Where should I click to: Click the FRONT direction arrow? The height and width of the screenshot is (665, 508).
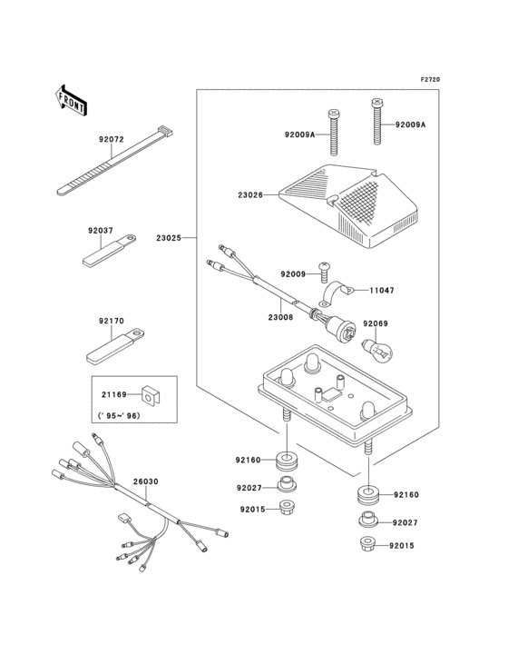[x=71, y=100]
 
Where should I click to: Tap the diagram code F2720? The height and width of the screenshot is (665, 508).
[x=430, y=79]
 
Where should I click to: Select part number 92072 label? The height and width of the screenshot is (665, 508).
[x=112, y=139]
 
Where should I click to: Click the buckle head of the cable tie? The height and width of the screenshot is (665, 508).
[x=165, y=131]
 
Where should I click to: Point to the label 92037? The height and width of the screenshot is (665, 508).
[x=101, y=231]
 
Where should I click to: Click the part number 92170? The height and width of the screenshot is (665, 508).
[x=112, y=321]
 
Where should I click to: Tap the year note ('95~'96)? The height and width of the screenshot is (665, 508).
[x=119, y=416]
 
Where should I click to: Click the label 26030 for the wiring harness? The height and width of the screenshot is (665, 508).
[x=146, y=481]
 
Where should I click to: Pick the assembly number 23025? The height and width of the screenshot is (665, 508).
[x=169, y=238]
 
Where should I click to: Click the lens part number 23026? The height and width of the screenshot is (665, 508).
[x=250, y=195]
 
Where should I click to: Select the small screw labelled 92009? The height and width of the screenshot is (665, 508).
[x=325, y=272]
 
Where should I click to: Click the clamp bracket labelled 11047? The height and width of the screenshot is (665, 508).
[x=337, y=293]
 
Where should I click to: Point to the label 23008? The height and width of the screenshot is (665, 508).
[x=280, y=316]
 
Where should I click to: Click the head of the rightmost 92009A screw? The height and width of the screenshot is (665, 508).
[x=376, y=102]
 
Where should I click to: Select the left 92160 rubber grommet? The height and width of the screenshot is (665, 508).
[x=287, y=462]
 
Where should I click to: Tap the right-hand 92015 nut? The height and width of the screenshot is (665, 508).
[x=368, y=543]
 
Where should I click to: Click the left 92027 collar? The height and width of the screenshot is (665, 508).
[x=286, y=484]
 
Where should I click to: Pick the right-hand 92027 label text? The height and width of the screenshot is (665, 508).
[x=405, y=523]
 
